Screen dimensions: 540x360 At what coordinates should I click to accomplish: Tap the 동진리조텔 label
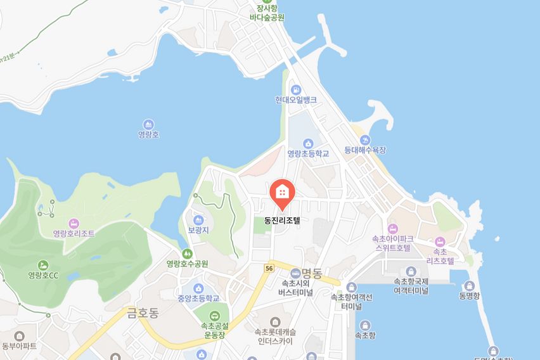pyautogui.click(x=281, y=222)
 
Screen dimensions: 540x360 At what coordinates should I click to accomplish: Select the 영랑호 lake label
pyautogui.click(x=148, y=134)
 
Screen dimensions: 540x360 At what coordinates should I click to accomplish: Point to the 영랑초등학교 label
pyautogui.click(x=309, y=153)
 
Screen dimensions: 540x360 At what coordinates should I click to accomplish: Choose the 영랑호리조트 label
pyautogui.click(x=74, y=233)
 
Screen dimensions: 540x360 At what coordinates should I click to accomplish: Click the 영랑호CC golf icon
pyautogui.click(x=43, y=264)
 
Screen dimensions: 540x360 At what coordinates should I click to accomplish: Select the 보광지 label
pyautogui.click(x=198, y=231)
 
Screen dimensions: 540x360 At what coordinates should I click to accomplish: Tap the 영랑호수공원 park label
pyautogui.click(x=187, y=263)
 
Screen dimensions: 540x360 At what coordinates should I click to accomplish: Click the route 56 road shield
pyautogui.click(x=270, y=269)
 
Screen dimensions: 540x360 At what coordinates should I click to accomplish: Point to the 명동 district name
pyautogui.click(x=312, y=273)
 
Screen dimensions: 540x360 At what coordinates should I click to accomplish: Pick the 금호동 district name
pyautogui.click(x=142, y=311)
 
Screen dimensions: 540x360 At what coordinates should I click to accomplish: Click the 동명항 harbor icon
pyautogui.click(x=470, y=285)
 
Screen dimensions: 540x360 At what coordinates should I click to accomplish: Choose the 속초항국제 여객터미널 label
pyautogui.click(x=411, y=286)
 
